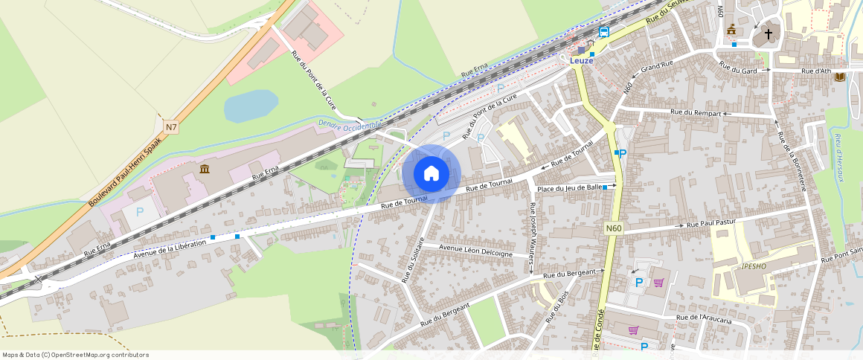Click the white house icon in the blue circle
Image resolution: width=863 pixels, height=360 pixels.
[431, 173]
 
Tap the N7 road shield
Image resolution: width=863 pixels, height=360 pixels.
[171, 127]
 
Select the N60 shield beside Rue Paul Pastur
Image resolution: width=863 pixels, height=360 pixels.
[613, 228]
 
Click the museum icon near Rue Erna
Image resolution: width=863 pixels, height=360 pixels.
[204, 171]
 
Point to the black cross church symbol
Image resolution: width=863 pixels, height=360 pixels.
[769, 34]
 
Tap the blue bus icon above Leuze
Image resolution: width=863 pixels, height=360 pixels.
[604, 32]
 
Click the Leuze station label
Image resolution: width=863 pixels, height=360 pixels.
[582, 60]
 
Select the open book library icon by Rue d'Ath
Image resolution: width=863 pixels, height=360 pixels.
[840, 77]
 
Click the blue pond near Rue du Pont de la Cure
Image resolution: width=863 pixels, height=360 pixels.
[251, 106]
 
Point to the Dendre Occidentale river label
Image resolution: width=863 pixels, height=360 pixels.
[349, 124]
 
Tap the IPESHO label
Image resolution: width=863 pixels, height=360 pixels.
[754, 266]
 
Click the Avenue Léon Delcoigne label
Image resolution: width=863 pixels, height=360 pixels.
[476, 250]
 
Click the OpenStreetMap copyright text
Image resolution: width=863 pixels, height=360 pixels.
[76, 355]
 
